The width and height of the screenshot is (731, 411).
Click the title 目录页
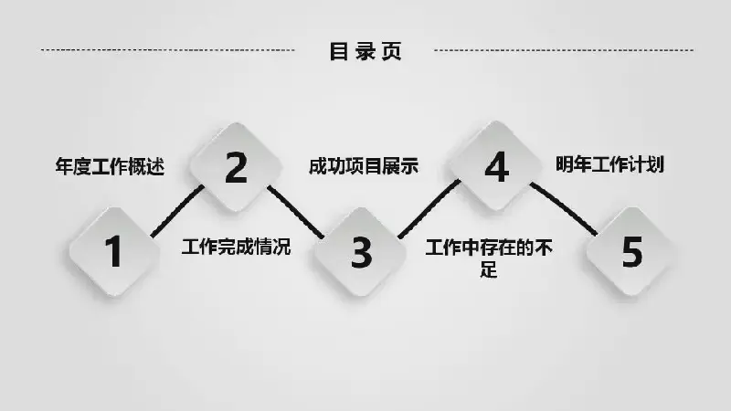tap(365, 51)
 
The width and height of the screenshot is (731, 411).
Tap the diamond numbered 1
tap(114, 252)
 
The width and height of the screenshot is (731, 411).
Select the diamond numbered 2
tap(237, 167)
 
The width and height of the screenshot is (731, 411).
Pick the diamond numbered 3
tap(360, 252)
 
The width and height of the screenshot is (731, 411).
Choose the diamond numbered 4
tap(495, 166)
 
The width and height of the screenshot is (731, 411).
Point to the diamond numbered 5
tap(631, 252)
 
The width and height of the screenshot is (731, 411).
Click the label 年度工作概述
tap(110, 166)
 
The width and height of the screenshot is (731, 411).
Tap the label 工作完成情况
tap(237, 247)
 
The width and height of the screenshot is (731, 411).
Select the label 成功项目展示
tap(364, 166)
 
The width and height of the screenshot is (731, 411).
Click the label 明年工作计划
tap(609, 164)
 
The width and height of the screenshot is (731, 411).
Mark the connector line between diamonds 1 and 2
tap(177, 211)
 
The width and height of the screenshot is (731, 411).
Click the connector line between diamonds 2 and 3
tap(295, 212)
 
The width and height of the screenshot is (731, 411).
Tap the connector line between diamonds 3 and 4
tap(429, 209)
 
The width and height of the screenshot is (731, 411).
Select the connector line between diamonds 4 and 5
tap(564, 209)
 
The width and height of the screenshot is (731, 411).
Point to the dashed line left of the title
tap(168, 50)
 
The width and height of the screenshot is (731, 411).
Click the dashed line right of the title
tap(564, 50)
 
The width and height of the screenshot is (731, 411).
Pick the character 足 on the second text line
tap(489, 269)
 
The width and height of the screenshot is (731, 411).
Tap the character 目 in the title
tap(338, 51)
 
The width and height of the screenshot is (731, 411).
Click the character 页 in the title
tap(392, 51)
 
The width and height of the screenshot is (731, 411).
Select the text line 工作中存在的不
tap(489, 248)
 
